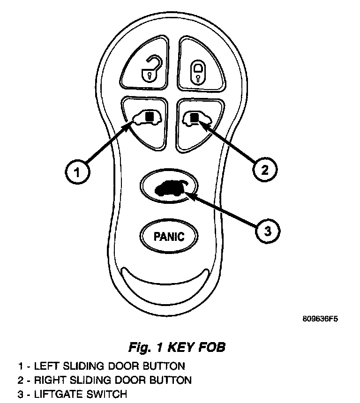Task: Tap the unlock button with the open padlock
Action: point(146,65)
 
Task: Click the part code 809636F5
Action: point(321,320)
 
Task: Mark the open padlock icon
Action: point(150,67)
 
